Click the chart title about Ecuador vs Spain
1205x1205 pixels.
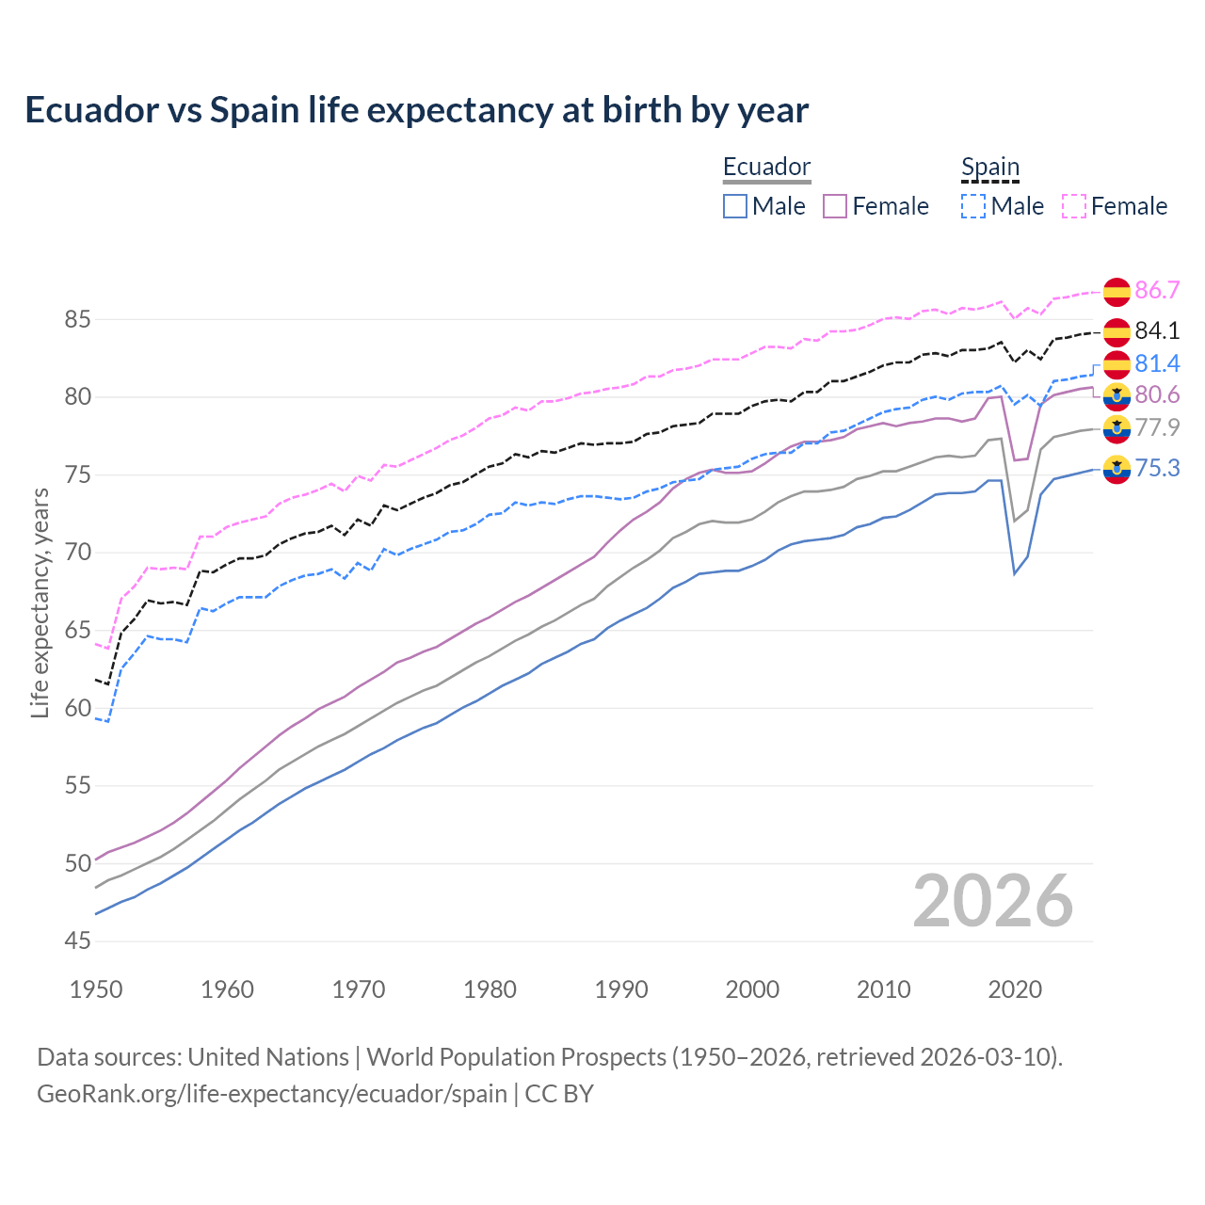(x=416, y=110)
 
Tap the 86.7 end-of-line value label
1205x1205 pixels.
(x=1157, y=290)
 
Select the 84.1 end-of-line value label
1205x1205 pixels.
(x=1157, y=330)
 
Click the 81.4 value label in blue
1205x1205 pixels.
(x=1157, y=363)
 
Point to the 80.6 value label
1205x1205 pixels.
(x=1157, y=394)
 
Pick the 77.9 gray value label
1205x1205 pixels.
(x=1157, y=427)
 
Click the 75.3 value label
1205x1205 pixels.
(x=1157, y=468)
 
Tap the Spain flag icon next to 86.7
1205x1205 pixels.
(x=1117, y=292)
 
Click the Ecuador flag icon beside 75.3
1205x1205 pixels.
(x=1117, y=469)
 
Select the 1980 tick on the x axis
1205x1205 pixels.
(x=490, y=989)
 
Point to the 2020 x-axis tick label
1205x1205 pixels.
(x=1015, y=989)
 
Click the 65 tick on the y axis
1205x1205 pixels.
(x=78, y=630)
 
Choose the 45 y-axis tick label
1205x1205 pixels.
(x=78, y=940)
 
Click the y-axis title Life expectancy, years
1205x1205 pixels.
(x=40, y=602)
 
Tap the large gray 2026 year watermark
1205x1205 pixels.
(x=992, y=902)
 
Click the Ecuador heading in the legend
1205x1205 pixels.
(x=766, y=167)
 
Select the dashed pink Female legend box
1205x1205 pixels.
(x=1074, y=206)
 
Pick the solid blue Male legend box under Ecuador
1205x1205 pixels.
(x=735, y=206)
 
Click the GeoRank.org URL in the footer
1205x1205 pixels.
(x=271, y=1094)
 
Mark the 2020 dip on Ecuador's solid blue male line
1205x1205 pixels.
(x=1014, y=574)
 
